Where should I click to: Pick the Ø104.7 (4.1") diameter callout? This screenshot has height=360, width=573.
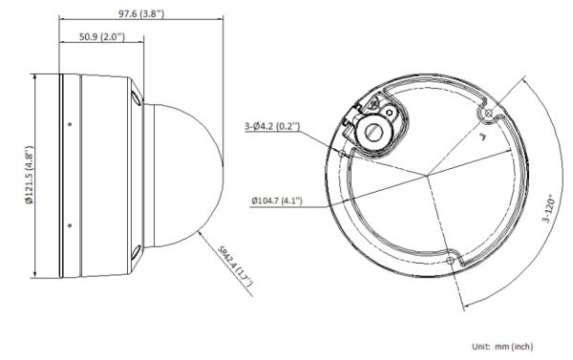coord(276,201)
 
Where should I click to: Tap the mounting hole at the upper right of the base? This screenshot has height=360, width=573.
coord(488,115)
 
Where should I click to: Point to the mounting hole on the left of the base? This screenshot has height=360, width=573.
coord(343,150)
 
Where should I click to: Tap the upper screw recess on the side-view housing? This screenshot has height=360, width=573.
coord(136,99)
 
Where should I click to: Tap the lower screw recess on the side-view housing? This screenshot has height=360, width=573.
coord(136,253)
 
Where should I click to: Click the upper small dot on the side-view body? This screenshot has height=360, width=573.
coord(70,122)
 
